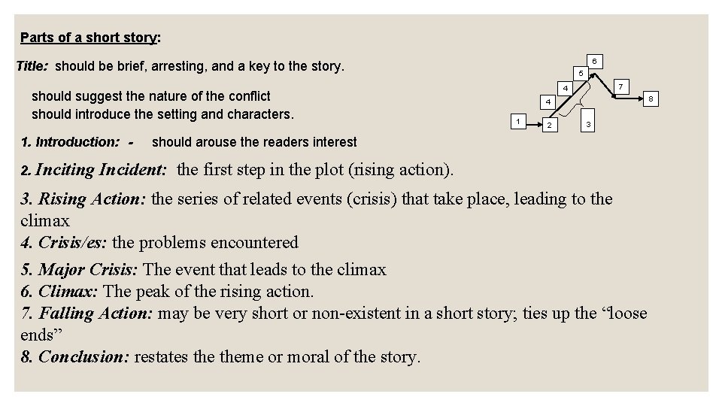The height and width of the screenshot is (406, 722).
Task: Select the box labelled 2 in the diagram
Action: pos(551,124)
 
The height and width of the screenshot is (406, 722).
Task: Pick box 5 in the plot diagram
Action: pos(580,73)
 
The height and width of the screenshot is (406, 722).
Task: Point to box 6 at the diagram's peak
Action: pos(594,60)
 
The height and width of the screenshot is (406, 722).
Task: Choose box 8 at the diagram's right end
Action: pos(652,98)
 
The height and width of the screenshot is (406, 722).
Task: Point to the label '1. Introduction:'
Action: pos(70,141)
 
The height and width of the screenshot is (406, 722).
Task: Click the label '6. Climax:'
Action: pos(60,291)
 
